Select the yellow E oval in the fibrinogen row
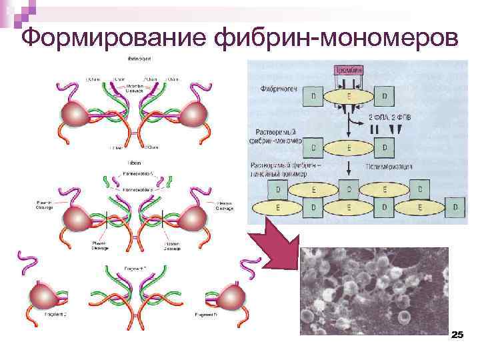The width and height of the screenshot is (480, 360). [x=348, y=97]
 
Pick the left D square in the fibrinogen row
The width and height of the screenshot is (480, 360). [x=313, y=97]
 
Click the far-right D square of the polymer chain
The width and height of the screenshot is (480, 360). [x=455, y=209]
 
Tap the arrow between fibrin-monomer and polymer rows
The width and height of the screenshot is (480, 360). [x=348, y=167]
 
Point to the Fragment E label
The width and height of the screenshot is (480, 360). [x=136, y=267]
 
